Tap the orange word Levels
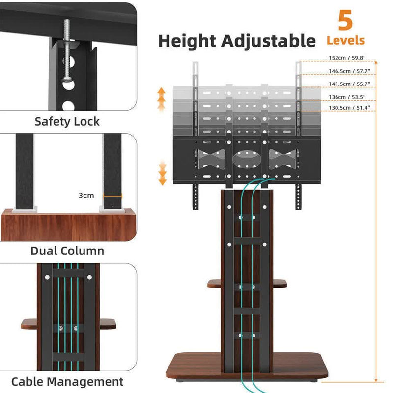346,41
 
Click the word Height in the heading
189,41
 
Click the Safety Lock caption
67,122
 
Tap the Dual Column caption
67,251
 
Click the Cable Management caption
67,381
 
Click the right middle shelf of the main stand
279,283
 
